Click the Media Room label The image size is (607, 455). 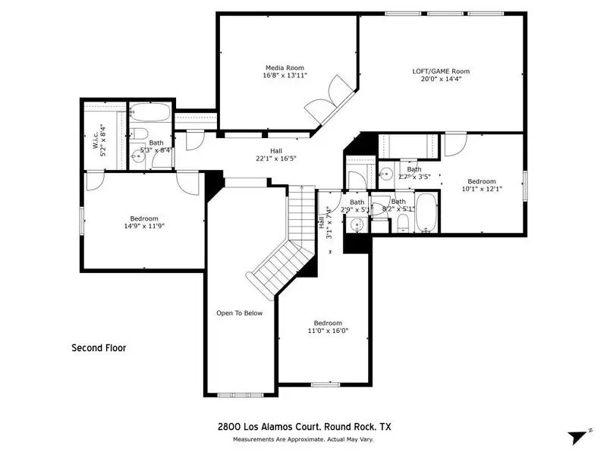(x=285, y=67)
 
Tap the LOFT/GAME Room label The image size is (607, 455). (x=441, y=71)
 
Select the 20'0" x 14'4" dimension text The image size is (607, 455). (x=441, y=79)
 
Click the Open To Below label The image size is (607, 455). (x=239, y=313)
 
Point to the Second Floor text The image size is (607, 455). (x=99, y=348)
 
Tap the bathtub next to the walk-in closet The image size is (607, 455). (x=149, y=112)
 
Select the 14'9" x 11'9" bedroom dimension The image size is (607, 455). (x=144, y=226)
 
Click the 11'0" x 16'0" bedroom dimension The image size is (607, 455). (x=328, y=331)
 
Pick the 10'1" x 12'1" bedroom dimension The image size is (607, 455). (x=482, y=189)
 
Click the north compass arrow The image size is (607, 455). (x=577, y=438)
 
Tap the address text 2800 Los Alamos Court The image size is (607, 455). (x=269, y=427)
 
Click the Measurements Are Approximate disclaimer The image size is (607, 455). (x=303, y=440)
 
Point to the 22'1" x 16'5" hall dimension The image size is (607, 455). (x=276, y=158)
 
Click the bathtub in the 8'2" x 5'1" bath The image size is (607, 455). (x=426, y=212)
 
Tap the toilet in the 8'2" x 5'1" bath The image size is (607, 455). (x=404, y=224)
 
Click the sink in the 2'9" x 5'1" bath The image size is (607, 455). (x=357, y=224)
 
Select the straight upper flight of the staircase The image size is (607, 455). (x=301, y=212)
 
